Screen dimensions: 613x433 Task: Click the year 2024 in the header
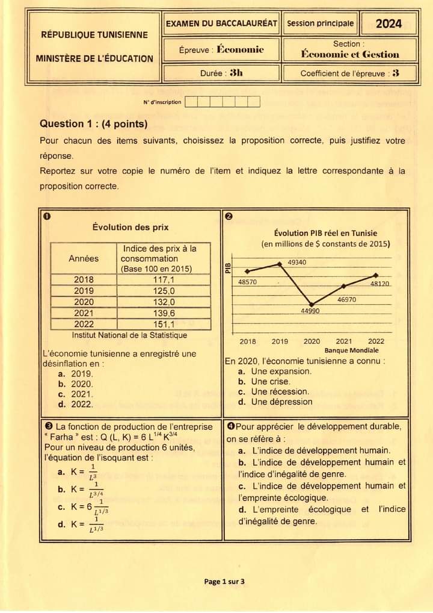tap(388, 24)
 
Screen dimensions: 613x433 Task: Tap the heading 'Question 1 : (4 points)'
tap(93, 124)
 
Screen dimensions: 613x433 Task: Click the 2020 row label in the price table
tap(84, 302)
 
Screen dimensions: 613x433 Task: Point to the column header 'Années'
tap(84, 258)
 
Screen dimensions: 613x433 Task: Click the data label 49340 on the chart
tap(296, 263)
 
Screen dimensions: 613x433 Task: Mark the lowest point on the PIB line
tap(312, 304)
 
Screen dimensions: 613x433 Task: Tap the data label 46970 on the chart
tap(346, 299)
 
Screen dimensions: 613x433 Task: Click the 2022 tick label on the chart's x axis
tap(376, 341)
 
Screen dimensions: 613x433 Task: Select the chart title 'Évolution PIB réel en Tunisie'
tap(325, 233)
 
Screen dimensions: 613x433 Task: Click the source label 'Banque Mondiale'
tap(351, 350)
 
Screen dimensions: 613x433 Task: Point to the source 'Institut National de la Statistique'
tap(129, 335)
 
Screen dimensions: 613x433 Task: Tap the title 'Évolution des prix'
tap(131, 227)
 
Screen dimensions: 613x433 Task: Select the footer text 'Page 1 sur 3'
tap(224, 581)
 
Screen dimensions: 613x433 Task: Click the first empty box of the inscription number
tap(191, 102)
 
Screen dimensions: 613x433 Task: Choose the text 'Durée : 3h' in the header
tap(222, 73)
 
